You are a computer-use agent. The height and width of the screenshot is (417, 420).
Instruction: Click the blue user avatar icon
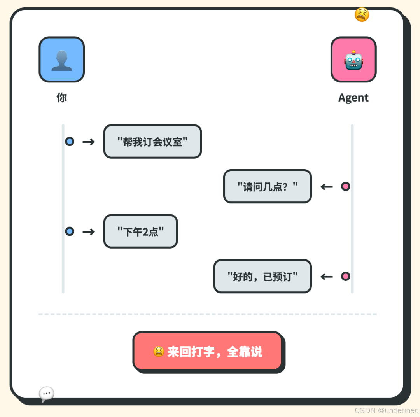tap(61, 60)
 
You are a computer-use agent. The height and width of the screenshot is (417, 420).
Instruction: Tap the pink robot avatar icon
tap(353, 60)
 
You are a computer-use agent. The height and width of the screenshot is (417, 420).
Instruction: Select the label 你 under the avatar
tap(61, 97)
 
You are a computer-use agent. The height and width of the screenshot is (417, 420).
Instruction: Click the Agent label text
tap(353, 98)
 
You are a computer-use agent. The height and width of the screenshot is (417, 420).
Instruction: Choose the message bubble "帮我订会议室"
tap(152, 141)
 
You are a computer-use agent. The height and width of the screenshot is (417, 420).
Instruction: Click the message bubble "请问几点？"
tap(268, 186)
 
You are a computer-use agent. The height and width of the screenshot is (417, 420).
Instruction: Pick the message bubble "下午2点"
tap(140, 231)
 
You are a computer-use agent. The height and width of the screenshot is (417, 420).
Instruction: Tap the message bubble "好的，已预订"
tap(262, 276)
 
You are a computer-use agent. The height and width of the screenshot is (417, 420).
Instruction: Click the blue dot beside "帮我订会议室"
tap(70, 141)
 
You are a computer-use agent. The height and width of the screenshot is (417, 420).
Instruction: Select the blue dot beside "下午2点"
tap(70, 231)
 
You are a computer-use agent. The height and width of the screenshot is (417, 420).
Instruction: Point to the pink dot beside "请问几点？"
tap(346, 186)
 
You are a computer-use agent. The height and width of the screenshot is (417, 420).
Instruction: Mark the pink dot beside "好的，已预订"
tap(346, 276)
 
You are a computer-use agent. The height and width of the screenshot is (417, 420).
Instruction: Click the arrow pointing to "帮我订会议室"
tap(89, 142)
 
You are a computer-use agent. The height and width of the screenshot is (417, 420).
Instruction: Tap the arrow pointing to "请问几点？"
tap(327, 187)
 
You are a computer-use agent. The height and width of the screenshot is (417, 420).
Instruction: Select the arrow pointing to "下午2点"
tap(89, 232)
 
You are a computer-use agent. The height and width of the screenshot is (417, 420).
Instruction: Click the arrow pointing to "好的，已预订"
tap(327, 277)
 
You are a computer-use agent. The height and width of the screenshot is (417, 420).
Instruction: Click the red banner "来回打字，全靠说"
tap(208, 351)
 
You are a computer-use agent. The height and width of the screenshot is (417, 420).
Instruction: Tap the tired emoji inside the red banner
tap(159, 352)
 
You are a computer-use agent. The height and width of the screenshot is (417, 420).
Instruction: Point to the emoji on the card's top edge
tap(362, 15)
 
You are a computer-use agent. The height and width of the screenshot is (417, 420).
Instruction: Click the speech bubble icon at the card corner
tap(47, 394)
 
